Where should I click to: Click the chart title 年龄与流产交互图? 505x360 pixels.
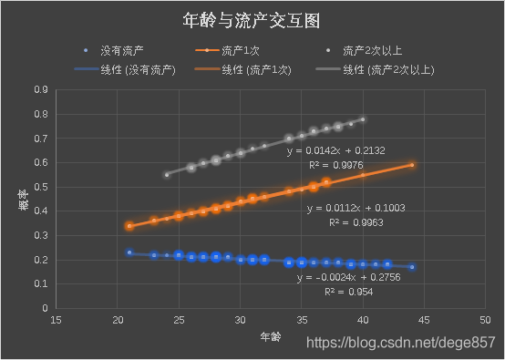coord(252,19)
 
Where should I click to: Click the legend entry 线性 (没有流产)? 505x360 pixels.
coord(139,69)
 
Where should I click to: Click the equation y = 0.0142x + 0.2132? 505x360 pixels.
coord(336,150)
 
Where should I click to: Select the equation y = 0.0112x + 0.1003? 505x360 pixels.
coord(356,208)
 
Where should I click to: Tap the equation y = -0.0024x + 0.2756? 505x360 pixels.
coord(347,276)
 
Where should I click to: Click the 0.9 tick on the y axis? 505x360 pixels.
coord(40,90)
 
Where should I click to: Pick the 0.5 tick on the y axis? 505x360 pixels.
coord(40,187)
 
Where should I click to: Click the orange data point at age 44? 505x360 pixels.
coord(412,165)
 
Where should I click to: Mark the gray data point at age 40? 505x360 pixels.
coord(363,119)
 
